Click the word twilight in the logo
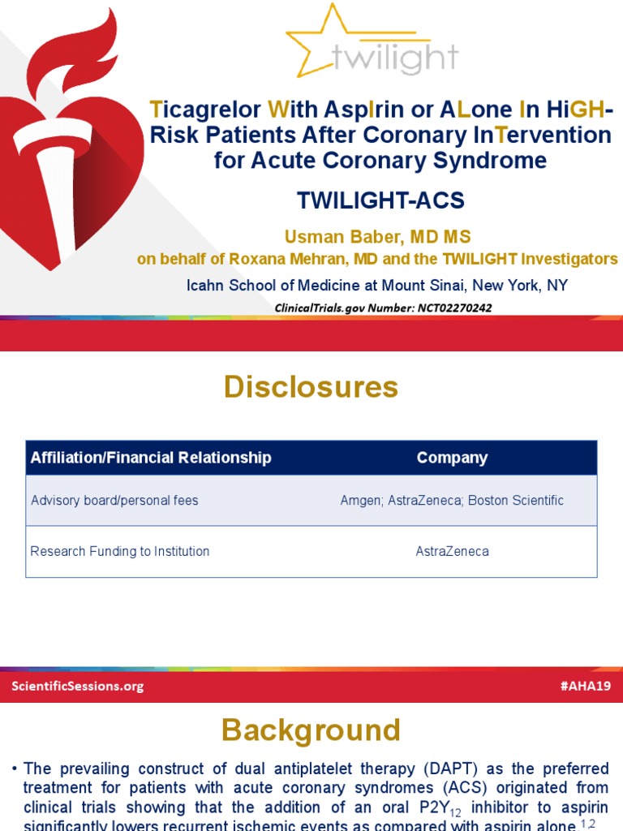[x=395, y=58]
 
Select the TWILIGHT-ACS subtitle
[x=380, y=201]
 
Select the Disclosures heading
[x=311, y=387]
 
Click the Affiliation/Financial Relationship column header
[x=151, y=458]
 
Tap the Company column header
[x=452, y=458]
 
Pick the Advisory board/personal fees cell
[x=114, y=501]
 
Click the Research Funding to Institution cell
[x=120, y=551]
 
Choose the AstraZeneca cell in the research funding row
[x=452, y=551]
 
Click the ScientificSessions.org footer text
[x=78, y=686]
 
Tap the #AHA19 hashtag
[x=585, y=686]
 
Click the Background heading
[x=311, y=730]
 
